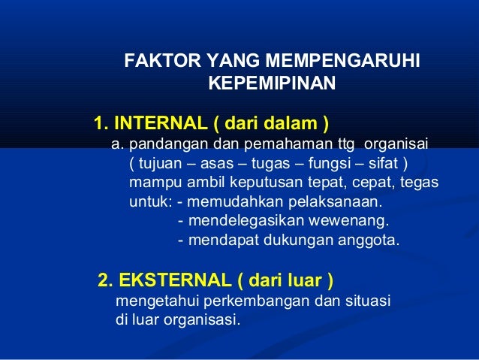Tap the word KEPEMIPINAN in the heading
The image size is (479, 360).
[x=271, y=82]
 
